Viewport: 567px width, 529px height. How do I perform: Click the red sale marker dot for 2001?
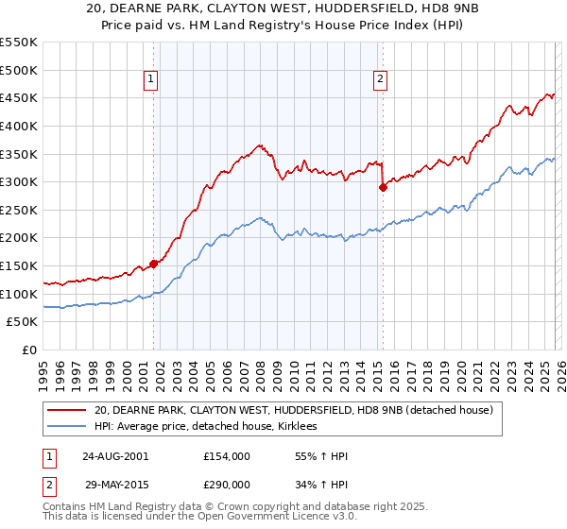click(x=153, y=264)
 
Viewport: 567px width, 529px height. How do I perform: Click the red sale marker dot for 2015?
click(x=383, y=187)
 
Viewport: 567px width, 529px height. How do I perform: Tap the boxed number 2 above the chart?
click(x=381, y=79)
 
